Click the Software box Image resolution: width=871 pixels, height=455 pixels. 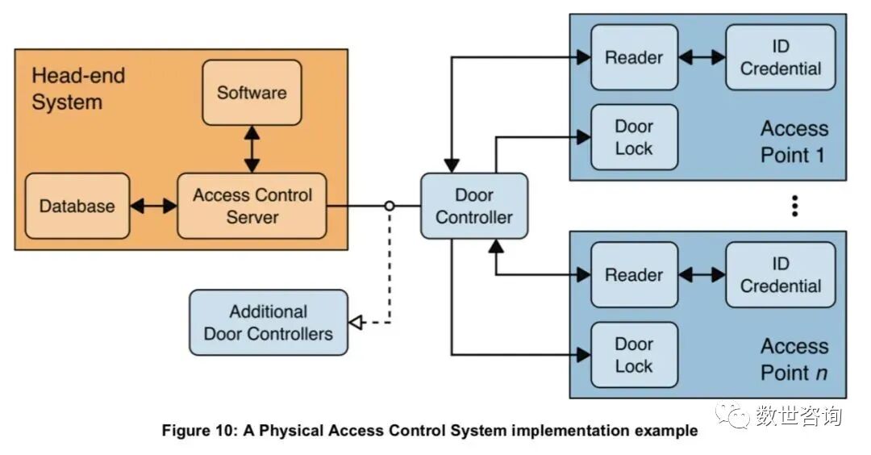pos(252,93)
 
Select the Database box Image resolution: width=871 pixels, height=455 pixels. pos(77,206)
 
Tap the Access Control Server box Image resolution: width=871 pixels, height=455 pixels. pos(252,206)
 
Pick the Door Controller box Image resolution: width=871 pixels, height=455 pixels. pos(473,206)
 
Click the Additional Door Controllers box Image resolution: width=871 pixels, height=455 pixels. pos(269,323)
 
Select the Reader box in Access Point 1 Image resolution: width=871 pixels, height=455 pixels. pos(634,57)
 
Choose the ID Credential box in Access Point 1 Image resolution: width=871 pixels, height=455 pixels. pos(780,57)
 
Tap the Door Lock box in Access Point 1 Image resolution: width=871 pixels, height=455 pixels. pos(634,137)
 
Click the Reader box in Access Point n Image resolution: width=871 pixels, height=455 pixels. pos(634,275)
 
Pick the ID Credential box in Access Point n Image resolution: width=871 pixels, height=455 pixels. pos(780,275)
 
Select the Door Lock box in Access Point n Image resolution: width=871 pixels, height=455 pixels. pos(634,355)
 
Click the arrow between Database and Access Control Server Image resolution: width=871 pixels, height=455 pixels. pos(153,206)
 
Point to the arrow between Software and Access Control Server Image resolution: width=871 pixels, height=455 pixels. pos(252,149)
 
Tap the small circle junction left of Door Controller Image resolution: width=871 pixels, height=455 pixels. pos(390,206)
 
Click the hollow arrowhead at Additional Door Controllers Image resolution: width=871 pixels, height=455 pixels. pos(354,324)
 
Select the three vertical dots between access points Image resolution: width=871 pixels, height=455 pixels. pos(794,206)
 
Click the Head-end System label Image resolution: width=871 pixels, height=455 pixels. pos(78,90)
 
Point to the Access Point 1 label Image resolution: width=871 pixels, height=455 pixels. pos(794,141)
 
